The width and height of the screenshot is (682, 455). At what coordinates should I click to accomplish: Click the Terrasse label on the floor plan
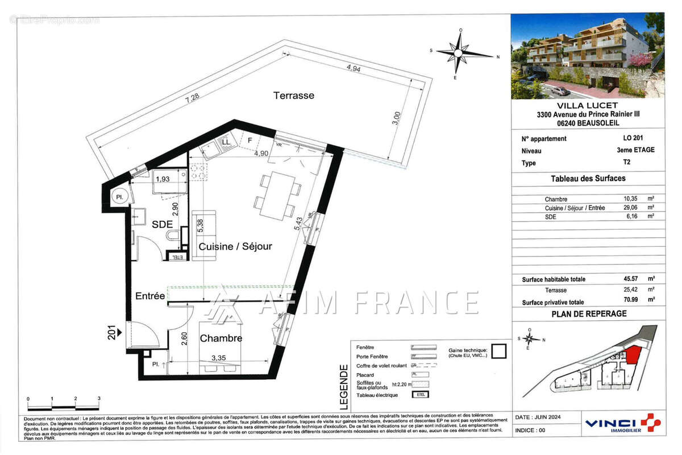coord(293,96)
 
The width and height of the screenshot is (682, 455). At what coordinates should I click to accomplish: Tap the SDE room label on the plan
coord(162,225)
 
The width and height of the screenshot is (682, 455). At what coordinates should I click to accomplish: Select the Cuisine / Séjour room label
coord(235,247)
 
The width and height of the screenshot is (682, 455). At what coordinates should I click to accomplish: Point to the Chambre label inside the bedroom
coord(221,338)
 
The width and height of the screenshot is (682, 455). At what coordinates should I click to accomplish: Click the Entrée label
coord(150,296)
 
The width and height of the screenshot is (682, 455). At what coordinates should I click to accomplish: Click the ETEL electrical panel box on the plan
coord(177,258)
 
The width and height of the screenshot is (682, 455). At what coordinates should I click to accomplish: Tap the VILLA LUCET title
coord(587,106)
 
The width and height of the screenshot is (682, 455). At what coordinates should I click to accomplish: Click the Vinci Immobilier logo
coord(622,424)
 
